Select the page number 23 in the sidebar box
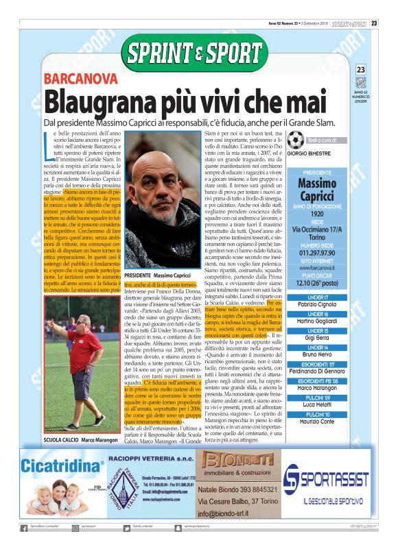click(x=362, y=70)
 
